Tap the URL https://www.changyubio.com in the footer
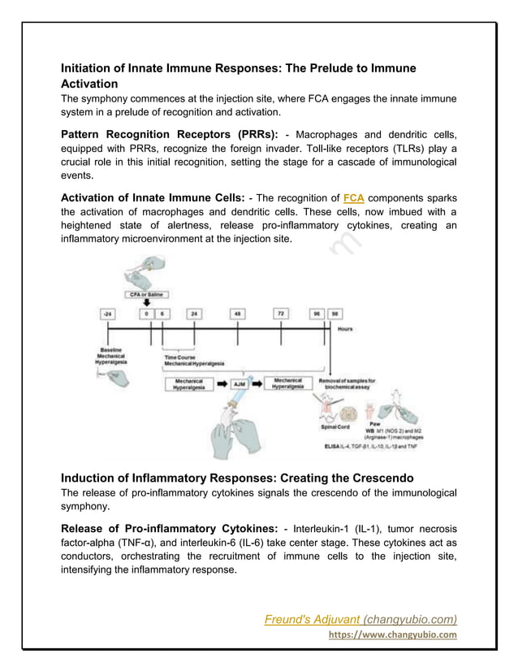[x=391, y=635]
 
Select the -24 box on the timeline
[x=107, y=313]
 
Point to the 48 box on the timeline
[x=239, y=313]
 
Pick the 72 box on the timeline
[x=281, y=313]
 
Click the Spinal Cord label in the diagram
[x=334, y=426]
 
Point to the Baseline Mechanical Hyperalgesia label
[x=111, y=354]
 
